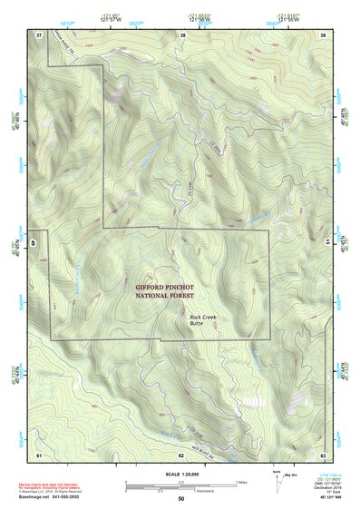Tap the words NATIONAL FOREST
165,295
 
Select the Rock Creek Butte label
203,319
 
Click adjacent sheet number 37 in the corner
39,34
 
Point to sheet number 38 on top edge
182,34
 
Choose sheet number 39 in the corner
323,34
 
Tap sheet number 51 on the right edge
326,241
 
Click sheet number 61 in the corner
39,453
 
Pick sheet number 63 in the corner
323,453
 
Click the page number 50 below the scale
181,499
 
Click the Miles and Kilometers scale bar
180,485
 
